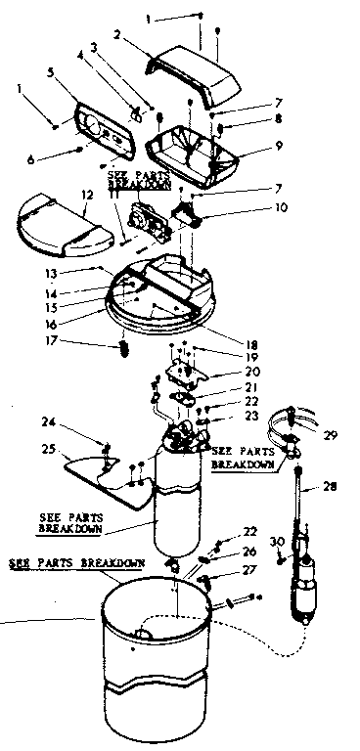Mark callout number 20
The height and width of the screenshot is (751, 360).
pos(250,372)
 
